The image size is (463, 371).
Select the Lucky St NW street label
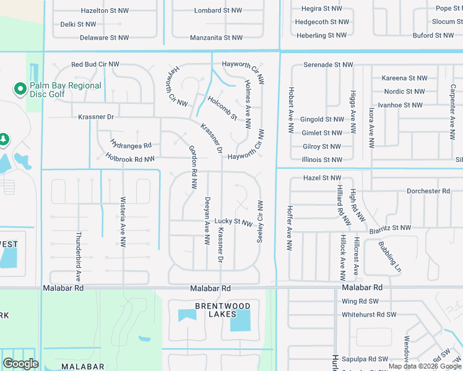click(x=233, y=221)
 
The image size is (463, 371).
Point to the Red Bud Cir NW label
click(x=95, y=64)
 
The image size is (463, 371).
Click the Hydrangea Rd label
click(x=131, y=145)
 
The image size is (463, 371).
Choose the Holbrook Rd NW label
click(x=129, y=159)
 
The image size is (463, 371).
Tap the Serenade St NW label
click(x=328, y=64)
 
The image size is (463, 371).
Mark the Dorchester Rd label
click(x=428, y=191)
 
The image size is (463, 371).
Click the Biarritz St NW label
click(x=390, y=228)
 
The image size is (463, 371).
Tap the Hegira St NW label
click(x=321, y=9)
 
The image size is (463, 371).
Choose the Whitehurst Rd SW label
click(x=369, y=315)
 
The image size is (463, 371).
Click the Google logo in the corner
click(x=20, y=364)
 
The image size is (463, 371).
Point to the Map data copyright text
click(x=425, y=366)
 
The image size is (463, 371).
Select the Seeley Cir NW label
click(x=260, y=221)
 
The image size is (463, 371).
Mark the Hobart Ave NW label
click(x=289, y=109)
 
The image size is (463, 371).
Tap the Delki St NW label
click(x=78, y=24)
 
